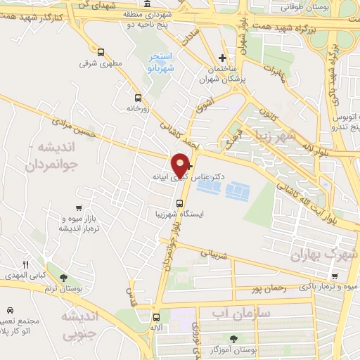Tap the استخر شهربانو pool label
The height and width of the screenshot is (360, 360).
point(162,63)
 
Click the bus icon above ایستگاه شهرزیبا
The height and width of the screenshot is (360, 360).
point(179,202)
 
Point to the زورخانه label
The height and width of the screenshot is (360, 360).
point(138,109)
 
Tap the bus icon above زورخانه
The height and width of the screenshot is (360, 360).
point(138,98)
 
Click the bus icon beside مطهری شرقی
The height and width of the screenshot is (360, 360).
point(101,52)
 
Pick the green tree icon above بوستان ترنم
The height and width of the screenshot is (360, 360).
point(65,278)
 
